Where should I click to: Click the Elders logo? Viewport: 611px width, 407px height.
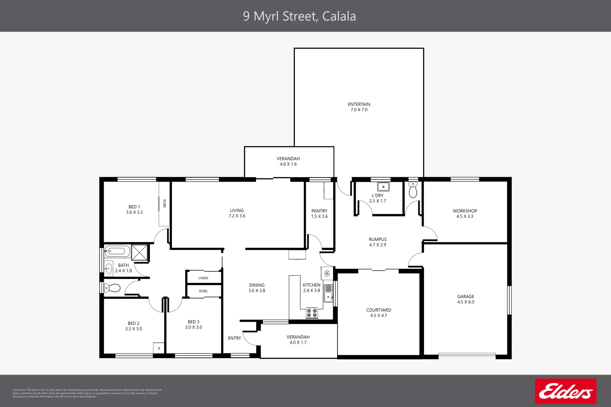(x=565, y=391)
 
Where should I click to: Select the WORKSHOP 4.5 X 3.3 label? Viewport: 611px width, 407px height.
(x=465, y=214)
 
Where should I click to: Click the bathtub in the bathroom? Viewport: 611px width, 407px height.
(x=117, y=251)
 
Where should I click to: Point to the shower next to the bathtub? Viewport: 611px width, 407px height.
(x=140, y=252)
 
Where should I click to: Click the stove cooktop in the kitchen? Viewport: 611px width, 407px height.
(x=312, y=313)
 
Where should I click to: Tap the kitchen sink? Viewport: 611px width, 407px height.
(x=329, y=293)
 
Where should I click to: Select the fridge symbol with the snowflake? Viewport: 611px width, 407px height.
(x=327, y=273)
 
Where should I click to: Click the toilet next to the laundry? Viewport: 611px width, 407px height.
(x=413, y=190)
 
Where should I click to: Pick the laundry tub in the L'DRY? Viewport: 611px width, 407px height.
(x=384, y=187)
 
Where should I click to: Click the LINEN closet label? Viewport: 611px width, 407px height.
(x=203, y=278)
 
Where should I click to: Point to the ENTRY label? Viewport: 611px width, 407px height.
(x=234, y=338)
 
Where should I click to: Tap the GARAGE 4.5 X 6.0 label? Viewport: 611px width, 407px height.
(x=466, y=299)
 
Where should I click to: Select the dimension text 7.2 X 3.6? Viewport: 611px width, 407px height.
(x=237, y=216)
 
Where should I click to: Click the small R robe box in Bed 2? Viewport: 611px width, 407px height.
(x=159, y=348)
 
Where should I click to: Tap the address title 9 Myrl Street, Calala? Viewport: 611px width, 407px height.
(x=299, y=16)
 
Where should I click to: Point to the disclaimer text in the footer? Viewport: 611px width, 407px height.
(x=87, y=393)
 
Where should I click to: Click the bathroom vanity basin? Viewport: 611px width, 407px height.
(x=109, y=268)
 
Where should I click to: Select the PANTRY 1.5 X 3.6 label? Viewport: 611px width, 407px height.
(x=319, y=214)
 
